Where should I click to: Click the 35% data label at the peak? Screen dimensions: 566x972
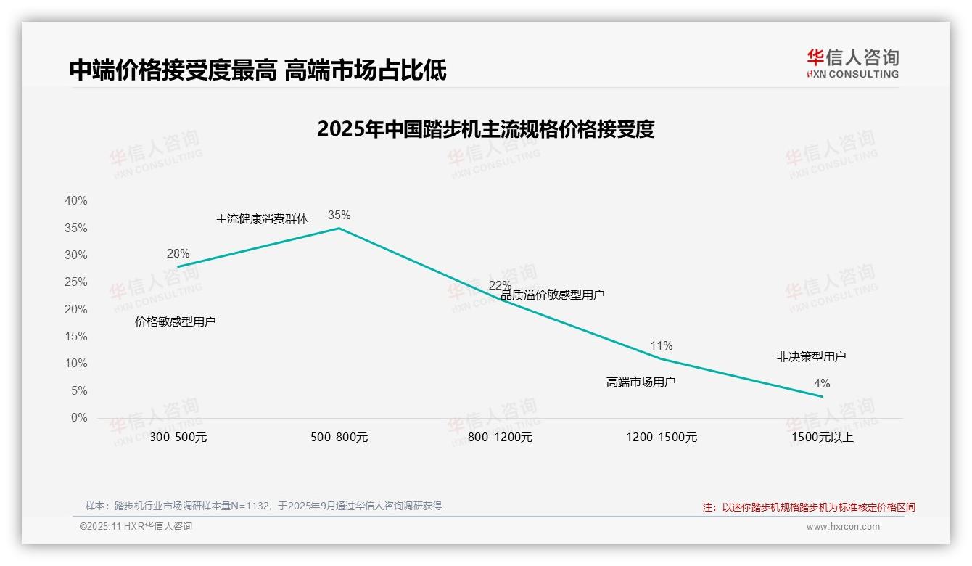pyautogui.click(x=339, y=215)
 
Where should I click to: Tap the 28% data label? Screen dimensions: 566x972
pyautogui.click(x=178, y=253)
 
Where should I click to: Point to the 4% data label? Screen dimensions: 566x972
pyautogui.click(x=821, y=383)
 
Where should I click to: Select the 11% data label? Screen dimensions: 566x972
pyautogui.click(x=661, y=345)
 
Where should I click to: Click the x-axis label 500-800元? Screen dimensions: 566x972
pyautogui.click(x=339, y=438)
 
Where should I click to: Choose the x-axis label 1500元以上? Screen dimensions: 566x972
pyautogui.click(x=823, y=438)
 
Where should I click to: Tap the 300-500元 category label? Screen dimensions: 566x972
pyautogui.click(x=178, y=438)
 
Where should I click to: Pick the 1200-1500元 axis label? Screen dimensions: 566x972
pyautogui.click(x=661, y=438)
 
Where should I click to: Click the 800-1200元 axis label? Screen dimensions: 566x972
pyautogui.click(x=500, y=438)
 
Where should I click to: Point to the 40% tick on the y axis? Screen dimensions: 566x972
pyautogui.click(x=75, y=200)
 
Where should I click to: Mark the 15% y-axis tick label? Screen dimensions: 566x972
pyautogui.click(x=75, y=336)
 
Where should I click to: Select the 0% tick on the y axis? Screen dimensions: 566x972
pyautogui.click(x=78, y=417)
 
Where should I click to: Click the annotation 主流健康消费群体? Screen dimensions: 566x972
pyautogui.click(x=262, y=218)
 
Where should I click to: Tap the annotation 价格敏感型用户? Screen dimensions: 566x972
pyautogui.click(x=176, y=321)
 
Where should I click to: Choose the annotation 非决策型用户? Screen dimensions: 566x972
pyautogui.click(x=811, y=356)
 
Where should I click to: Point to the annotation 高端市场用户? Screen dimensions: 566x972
pyautogui.click(x=641, y=382)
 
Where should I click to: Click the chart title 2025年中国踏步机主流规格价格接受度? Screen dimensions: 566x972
pyautogui.click(x=485, y=129)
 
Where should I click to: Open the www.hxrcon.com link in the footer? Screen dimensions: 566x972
pyautogui.click(x=842, y=527)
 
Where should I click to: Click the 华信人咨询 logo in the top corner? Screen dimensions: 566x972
pyautogui.click(x=852, y=63)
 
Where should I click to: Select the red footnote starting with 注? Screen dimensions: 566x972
pyautogui.click(x=809, y=507)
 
